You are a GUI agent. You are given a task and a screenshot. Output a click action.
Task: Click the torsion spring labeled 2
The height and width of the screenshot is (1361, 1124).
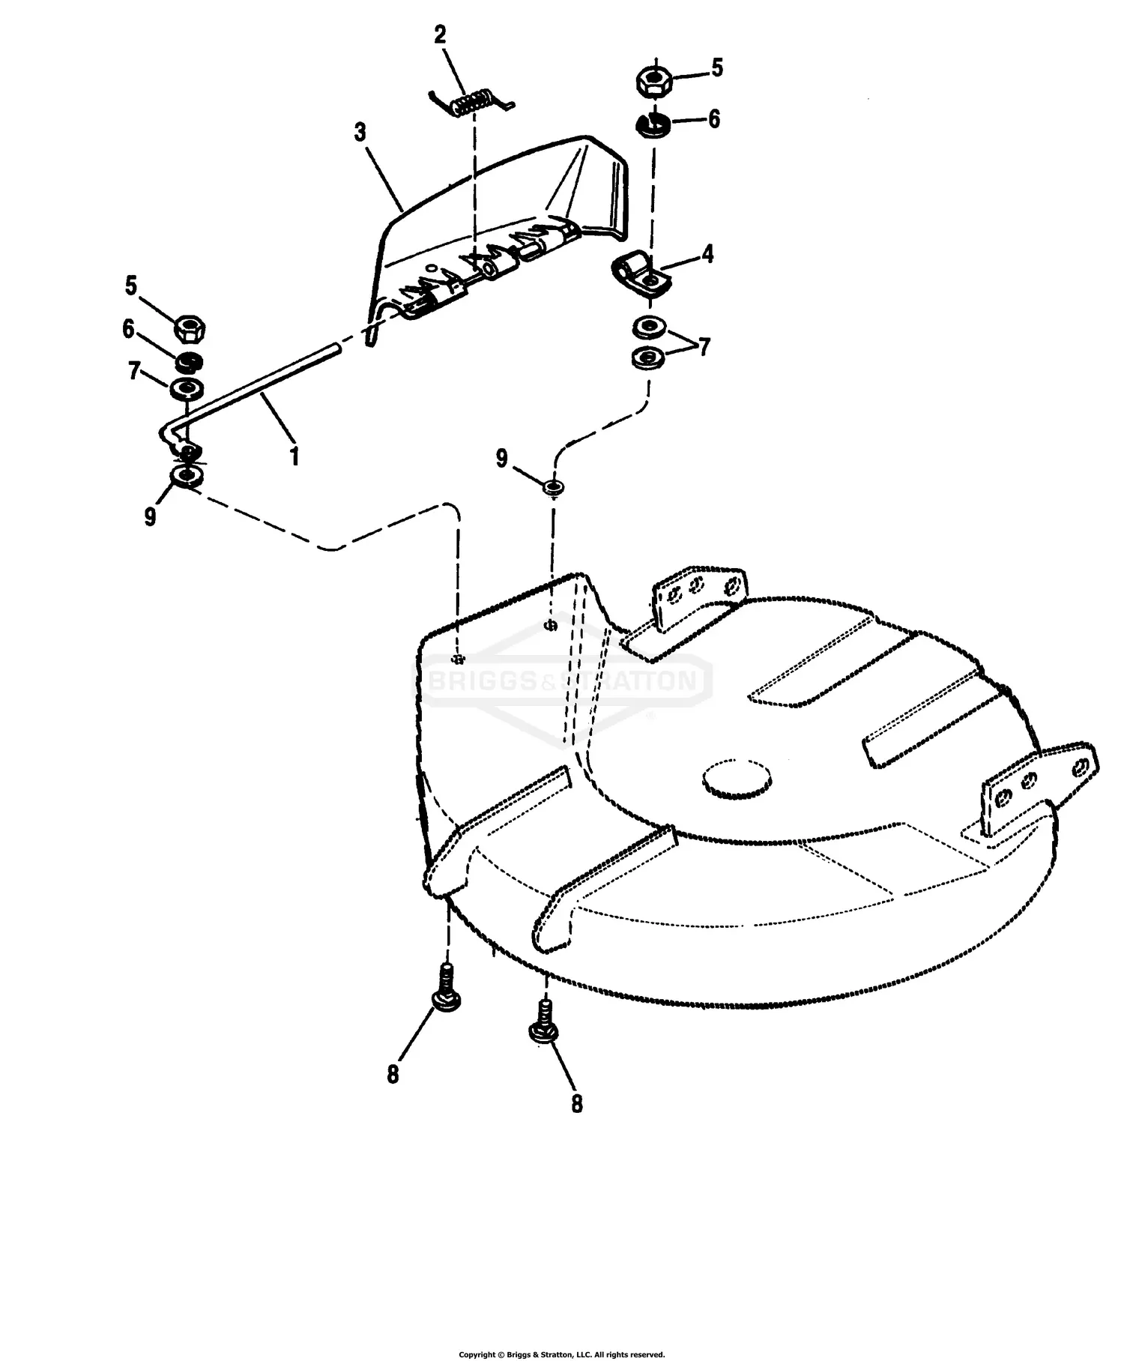[x=471, y=102]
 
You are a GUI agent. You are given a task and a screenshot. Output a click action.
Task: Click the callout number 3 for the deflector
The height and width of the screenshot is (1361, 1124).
[x=360, y=133]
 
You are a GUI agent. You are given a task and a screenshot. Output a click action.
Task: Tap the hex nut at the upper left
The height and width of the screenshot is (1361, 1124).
[x=191, y=328]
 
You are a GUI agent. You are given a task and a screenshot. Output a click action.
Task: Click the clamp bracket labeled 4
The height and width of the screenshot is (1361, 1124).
[x=641, y=274]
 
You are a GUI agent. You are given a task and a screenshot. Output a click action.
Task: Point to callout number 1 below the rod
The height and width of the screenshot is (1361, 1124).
[x=294, y=456]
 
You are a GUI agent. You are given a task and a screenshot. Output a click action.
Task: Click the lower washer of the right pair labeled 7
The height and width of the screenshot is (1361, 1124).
[x=649, y=357]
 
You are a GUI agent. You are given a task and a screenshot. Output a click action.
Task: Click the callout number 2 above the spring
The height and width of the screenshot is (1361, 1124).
[x=440, y=34]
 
